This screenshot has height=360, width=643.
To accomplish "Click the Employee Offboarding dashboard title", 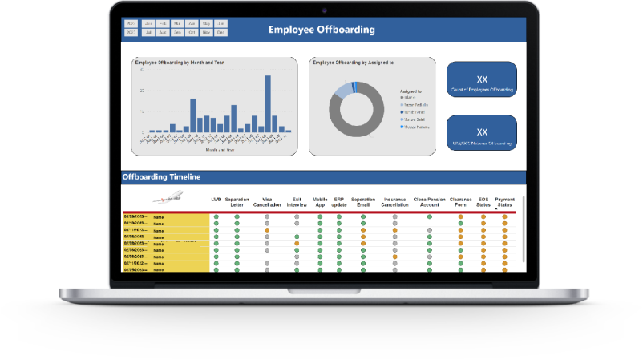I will pyautogui.click(x=321, y=30).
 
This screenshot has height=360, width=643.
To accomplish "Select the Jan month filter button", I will pyautogui.click(x=147, y=24).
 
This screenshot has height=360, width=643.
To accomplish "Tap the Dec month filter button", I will pyautogui.click(x=220, y=33).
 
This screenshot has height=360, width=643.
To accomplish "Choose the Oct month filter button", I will pyautogui.click(x=191, y=33).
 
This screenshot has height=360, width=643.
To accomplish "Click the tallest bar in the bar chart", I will pyautogui.click(x=192, y=115).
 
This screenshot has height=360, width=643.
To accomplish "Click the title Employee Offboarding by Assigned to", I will pyautogui.click(x=353, y=62).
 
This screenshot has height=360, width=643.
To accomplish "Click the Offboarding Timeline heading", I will pyautogui.click(x=161, y=176).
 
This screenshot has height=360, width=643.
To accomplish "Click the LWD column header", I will pyautogui.click(x=216, y=199).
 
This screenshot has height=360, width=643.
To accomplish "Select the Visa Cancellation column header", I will pyautogui.click(x=265, y=201).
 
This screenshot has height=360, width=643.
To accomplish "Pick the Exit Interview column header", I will pyautogui.click(x=297, y=201).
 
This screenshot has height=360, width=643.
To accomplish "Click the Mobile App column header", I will pyautogui.click(x=319, y=201).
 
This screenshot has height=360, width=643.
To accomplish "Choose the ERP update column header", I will pyautogui.click(x=339, y=201).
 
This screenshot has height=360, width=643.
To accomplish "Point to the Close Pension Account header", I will pyautogui.click(x=429, y=201).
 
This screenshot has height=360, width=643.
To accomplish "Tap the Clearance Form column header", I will pyautogui.click(x=460, y=201).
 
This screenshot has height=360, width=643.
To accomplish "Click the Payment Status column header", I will pyautogui.click(x=504, y=201).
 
